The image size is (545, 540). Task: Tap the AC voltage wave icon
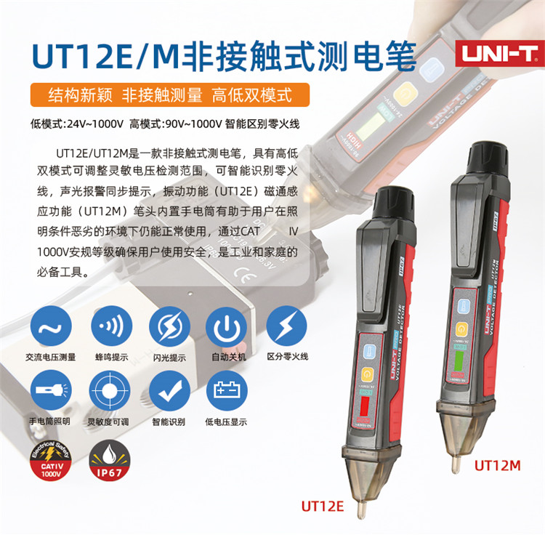49,327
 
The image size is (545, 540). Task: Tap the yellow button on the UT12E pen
368,375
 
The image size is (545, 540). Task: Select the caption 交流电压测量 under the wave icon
49,357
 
